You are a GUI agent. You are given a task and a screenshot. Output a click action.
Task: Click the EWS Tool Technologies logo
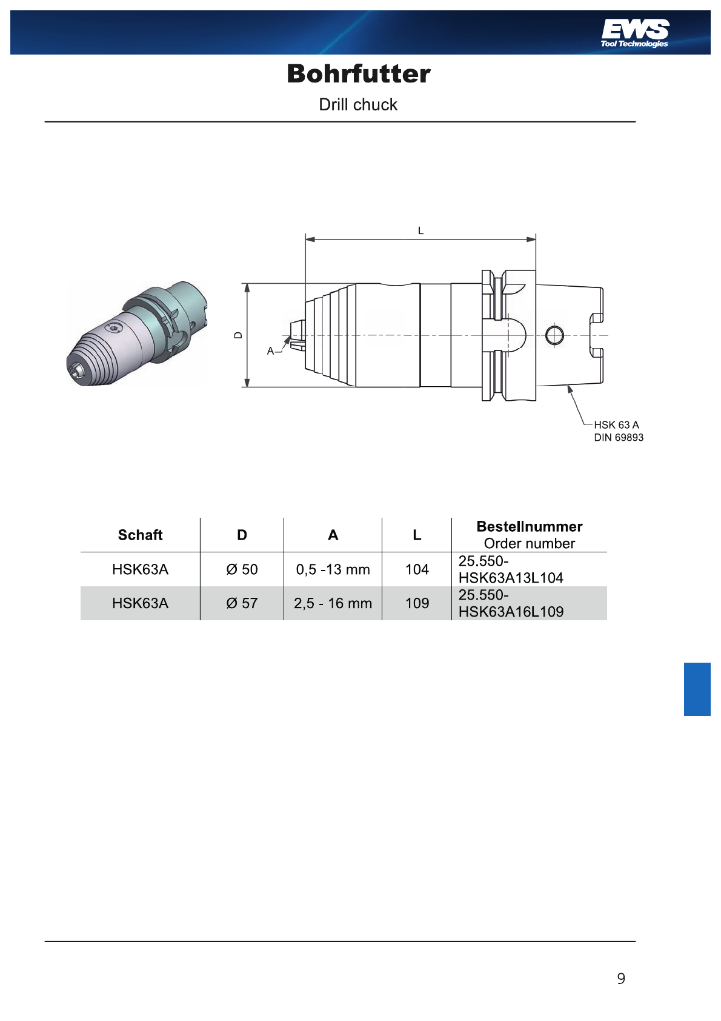634,33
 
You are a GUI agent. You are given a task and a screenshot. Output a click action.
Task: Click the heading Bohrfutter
359,74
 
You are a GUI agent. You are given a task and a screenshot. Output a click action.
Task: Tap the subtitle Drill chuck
358,105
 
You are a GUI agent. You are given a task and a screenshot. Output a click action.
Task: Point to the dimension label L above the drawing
421,231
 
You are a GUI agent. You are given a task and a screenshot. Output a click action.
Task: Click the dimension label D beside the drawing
238,335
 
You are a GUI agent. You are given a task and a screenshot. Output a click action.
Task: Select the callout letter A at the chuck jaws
271,351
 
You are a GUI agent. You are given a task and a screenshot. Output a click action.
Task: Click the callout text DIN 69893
619,438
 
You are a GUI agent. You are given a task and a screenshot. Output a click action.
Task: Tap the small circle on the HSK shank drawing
554,335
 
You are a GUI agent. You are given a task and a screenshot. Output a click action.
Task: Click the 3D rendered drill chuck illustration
137,333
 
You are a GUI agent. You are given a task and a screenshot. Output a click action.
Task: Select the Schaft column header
141,535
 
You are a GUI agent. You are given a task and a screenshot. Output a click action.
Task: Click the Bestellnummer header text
530,526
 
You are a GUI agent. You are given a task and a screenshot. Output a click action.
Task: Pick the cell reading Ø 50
242,569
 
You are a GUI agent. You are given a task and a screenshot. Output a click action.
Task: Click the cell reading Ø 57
242,603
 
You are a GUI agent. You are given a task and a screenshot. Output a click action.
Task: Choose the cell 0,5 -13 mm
333,569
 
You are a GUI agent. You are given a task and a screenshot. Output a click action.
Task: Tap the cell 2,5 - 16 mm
333,603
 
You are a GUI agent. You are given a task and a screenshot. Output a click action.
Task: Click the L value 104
417,569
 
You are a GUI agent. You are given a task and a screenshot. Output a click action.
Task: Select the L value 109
417,603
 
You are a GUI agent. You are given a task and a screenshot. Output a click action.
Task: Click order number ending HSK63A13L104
511,569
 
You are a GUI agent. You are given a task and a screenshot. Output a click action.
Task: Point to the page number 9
621,978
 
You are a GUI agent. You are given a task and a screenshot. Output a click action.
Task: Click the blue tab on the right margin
697,689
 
